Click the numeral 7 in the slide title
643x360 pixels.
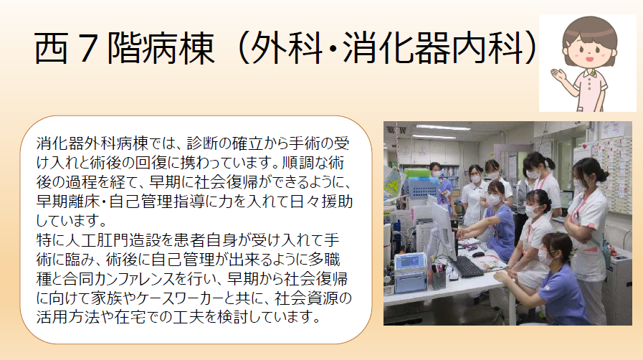coord(87,48)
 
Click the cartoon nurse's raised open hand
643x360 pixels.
coord(558,75)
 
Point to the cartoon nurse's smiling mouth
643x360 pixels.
coord(589,59)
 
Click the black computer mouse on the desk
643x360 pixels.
coord(478,254)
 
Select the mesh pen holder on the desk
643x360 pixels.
coord(438,279)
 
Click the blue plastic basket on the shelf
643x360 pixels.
coord(424,188)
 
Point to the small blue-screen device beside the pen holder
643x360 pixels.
coord(411,273)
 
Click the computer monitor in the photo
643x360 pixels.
coord(442,229)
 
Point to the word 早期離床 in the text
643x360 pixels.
coord(67,202)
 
